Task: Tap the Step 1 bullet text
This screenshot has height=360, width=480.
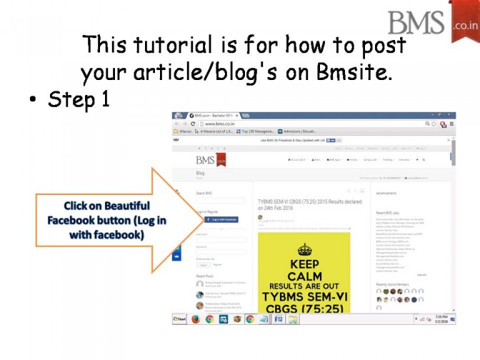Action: point(79,99)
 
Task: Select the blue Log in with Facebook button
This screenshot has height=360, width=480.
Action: point(221,219)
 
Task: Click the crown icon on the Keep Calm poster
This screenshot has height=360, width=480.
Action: point(305,249)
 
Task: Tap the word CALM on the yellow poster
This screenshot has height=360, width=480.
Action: point(305,276)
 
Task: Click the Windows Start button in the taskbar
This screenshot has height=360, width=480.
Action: point(179,319)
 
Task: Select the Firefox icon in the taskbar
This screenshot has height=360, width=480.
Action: point(196,319)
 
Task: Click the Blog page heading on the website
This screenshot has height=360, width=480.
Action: point(200,173)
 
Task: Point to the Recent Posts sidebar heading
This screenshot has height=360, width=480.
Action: point(205,275)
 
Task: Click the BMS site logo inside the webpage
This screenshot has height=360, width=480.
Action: point(211,159)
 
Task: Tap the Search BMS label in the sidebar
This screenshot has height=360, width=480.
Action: point(204,193)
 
